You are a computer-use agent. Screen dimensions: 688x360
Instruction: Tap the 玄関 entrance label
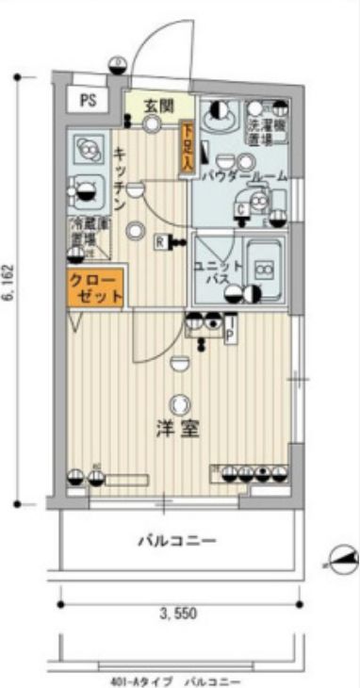click(156, 106)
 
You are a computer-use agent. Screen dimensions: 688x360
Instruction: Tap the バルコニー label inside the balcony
click(177, 541)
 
